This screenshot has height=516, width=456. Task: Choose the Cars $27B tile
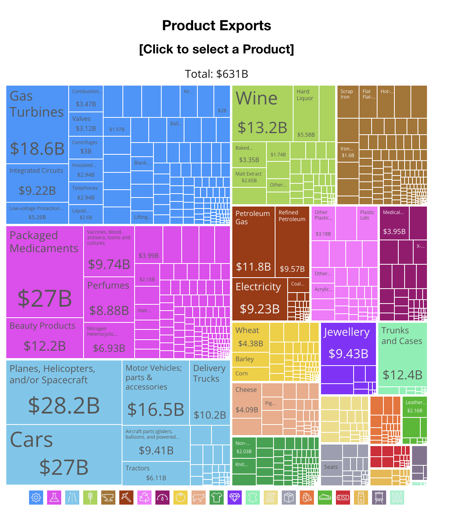[64, 455]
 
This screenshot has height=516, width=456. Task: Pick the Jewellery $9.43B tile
[348, 344]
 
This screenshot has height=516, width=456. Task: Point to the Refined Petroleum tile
[292, 242]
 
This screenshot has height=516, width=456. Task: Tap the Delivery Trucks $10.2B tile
[210, 393]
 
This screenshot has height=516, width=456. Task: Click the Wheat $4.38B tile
[251, 337]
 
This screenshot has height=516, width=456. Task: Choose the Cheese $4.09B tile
[247, 400]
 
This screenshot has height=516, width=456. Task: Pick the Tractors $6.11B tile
[156, 473]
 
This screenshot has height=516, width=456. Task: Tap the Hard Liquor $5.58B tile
[306, 114]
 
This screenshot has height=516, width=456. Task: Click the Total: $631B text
[217, 74]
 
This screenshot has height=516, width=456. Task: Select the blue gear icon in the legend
[36, 498]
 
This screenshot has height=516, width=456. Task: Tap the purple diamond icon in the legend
[235, 498]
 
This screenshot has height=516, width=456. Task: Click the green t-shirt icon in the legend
[217, 498]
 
